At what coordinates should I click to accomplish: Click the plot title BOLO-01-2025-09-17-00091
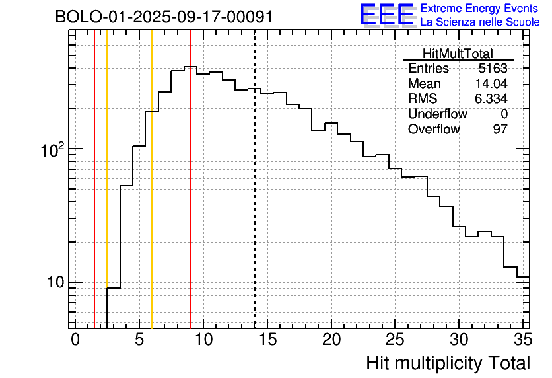coord(164,17)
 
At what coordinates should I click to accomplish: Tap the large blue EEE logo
coord(387,15)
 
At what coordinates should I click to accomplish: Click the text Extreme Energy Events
coord(480,9)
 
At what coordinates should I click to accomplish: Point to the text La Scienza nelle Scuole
coord(480,22)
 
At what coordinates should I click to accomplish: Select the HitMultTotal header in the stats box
coord(458,54)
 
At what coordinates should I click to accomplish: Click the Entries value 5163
coord(493,69)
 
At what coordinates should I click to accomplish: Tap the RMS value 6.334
coord(491,99)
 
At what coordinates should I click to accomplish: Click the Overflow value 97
coord(500,129)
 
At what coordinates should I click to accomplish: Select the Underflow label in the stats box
coord(437,114)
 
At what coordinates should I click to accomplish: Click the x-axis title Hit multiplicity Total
coord(448,363)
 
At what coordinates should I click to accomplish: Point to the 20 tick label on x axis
coord(331,340)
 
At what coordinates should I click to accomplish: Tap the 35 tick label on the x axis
coord(522,340)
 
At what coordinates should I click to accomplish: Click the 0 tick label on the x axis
coord(75,340)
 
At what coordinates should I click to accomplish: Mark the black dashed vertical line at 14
coord(255,198)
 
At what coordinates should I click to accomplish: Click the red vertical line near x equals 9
coord(190,198)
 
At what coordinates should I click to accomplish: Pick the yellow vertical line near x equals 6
coord(152,198)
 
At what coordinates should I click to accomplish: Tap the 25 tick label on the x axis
coord(395,340)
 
